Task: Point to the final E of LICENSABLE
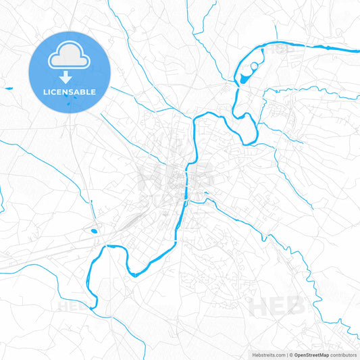tap(93, 92)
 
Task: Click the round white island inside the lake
tap(254, 66)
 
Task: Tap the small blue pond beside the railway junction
tap(93, 232)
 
